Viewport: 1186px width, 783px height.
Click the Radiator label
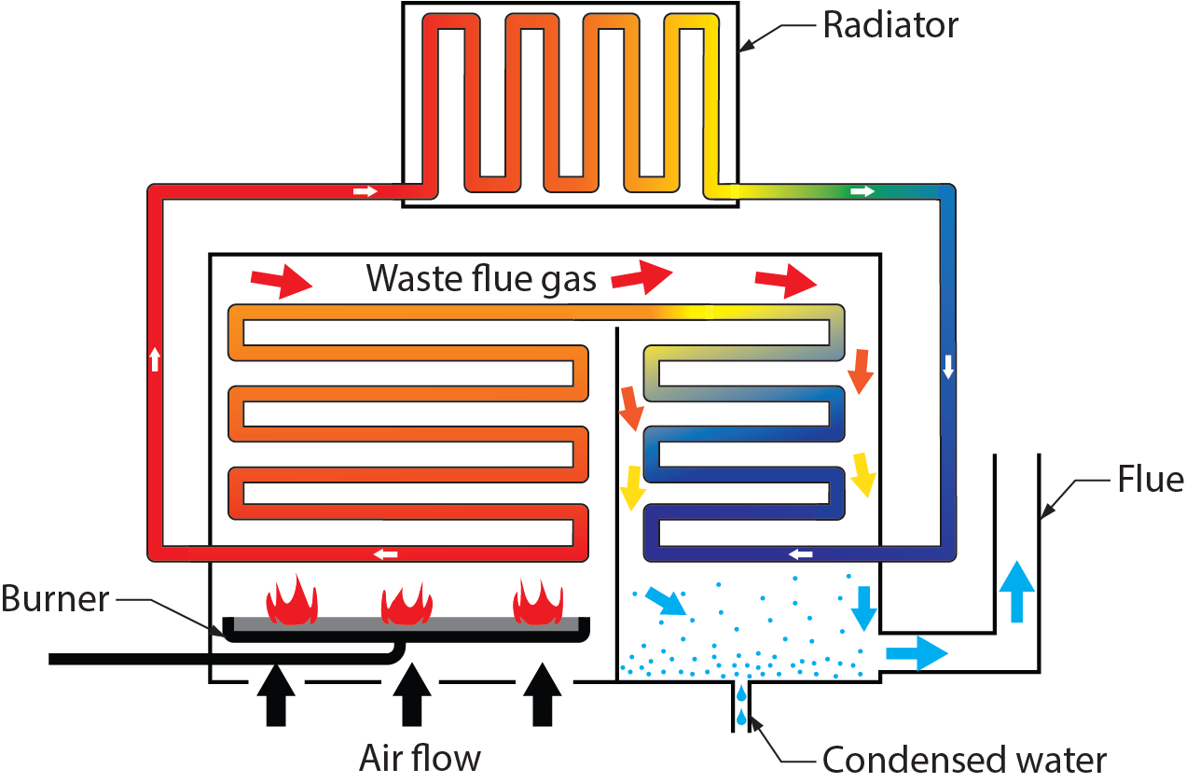889,25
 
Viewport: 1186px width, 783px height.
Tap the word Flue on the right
1150,480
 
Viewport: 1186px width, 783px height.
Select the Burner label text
55,598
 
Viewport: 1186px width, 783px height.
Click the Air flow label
420,758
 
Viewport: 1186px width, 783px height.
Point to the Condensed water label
964,760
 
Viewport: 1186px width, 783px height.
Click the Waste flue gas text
481,278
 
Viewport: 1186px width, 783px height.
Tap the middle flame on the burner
407,602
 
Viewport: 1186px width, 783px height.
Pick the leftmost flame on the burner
292,600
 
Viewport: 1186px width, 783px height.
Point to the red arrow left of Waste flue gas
281,280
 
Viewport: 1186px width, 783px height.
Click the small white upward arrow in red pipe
156,358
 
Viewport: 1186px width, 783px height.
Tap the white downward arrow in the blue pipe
948,366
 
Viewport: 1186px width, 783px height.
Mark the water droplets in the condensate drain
741,706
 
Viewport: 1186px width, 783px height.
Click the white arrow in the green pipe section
863,191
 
